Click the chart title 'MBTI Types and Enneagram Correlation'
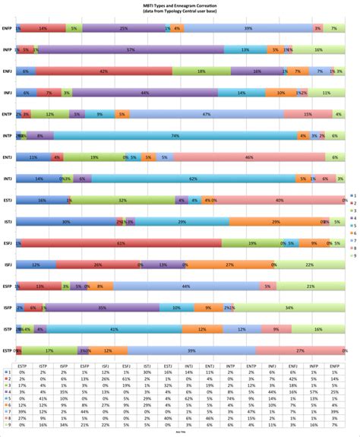coord(181,5)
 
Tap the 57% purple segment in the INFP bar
coord(131,49)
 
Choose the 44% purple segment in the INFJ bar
coord(144,92)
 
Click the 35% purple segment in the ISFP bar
coord(102,308)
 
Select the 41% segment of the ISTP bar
coord(113,330)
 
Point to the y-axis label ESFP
coord(8,287)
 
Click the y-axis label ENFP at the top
coord(8,27)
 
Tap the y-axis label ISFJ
coord(8,265)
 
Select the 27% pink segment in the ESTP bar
coord(301,351)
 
